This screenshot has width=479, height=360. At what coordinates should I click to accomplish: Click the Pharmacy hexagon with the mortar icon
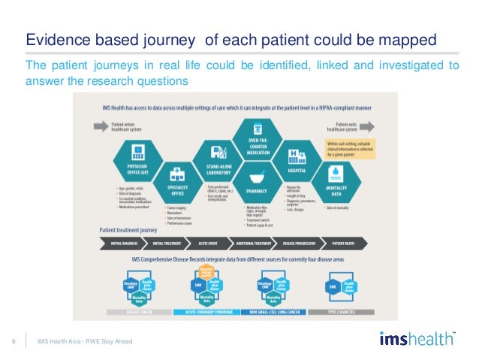tap(258, 185)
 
